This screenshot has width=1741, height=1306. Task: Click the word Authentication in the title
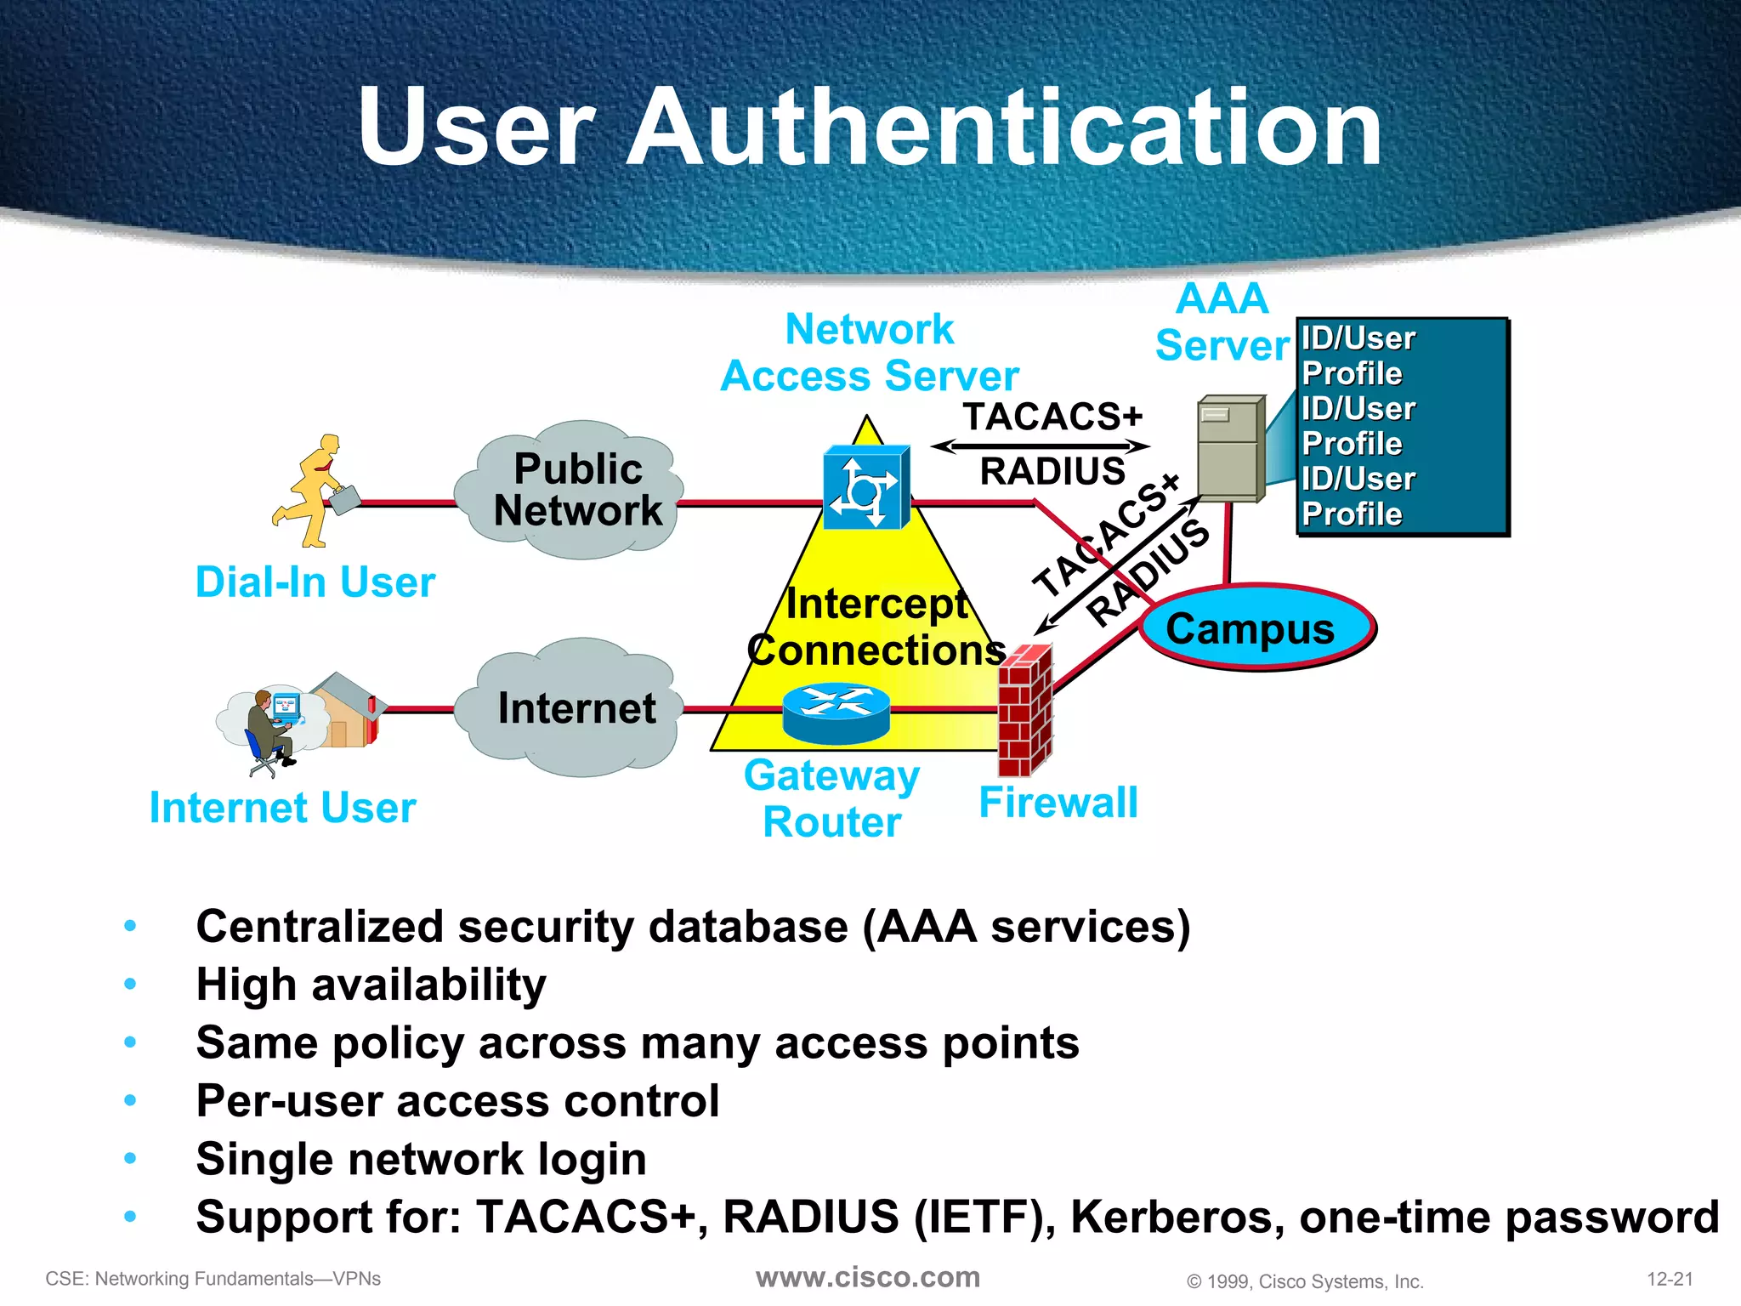(x=1003, y=128)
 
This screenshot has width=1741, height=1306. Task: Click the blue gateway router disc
(x=836, y=713)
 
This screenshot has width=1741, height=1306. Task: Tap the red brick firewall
(x=1024, y=710)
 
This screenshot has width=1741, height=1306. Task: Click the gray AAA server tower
(x=1230, y=448)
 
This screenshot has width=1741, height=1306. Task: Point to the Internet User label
(x=282, y=808)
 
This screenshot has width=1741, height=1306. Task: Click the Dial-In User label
(x=315, y=582)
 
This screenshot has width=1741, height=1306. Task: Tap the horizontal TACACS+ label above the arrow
(x=1052, y=417)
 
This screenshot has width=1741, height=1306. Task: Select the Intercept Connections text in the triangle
(x=876, y=627)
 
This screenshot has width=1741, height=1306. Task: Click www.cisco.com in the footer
(x=868, y=1277)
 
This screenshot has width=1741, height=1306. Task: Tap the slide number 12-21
(x=1670, y=1279)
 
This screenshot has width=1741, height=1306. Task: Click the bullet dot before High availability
(x=130, y=985)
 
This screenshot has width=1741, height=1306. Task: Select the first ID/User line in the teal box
(x=1358, y=338)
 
